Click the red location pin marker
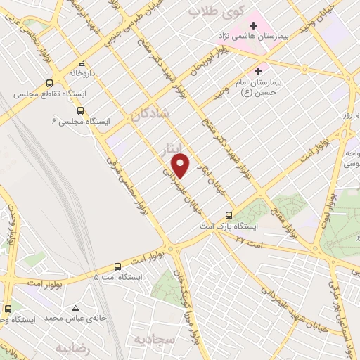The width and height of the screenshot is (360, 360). tap(181, 165)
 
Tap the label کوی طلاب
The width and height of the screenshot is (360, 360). tap(219, 11)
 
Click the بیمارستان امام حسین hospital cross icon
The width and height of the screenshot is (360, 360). tap(257, 71)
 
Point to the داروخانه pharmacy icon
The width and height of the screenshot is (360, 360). tap(82, 63)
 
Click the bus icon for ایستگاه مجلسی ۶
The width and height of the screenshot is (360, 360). tap(80, 110)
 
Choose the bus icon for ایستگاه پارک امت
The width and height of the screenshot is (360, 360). tap(229, 216)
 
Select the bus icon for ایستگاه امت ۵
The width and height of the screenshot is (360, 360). tap(117, 266)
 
